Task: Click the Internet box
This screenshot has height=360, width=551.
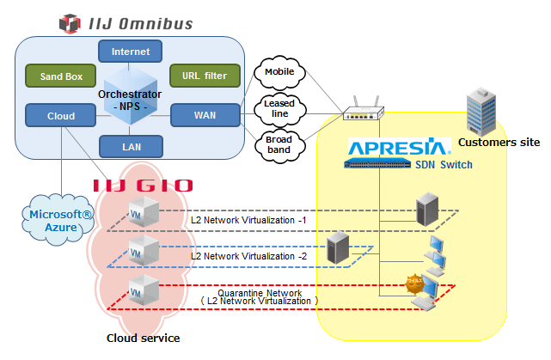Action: click(x=131, y=52)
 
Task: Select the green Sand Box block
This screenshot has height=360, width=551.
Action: click(x=61, y=76)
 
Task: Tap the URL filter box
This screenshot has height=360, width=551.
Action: click(x=205, y=76)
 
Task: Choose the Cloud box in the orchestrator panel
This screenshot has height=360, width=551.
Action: click(x=61, y=116)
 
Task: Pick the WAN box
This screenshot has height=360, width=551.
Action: click(x=205, y=116)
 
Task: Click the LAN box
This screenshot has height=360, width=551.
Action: click(x=131, y=147)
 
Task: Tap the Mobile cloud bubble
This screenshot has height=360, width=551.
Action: click(x=279, y=72)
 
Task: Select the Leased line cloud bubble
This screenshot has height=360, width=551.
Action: click(x=279, y=108)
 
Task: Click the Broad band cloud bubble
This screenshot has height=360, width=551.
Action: click(x=279, y=143)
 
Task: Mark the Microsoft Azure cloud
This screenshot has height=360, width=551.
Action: click(x=61, y=220)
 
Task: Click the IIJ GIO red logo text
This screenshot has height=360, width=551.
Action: click(x=142, y=185)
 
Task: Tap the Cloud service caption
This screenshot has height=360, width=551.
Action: click(x=143, y=338)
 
